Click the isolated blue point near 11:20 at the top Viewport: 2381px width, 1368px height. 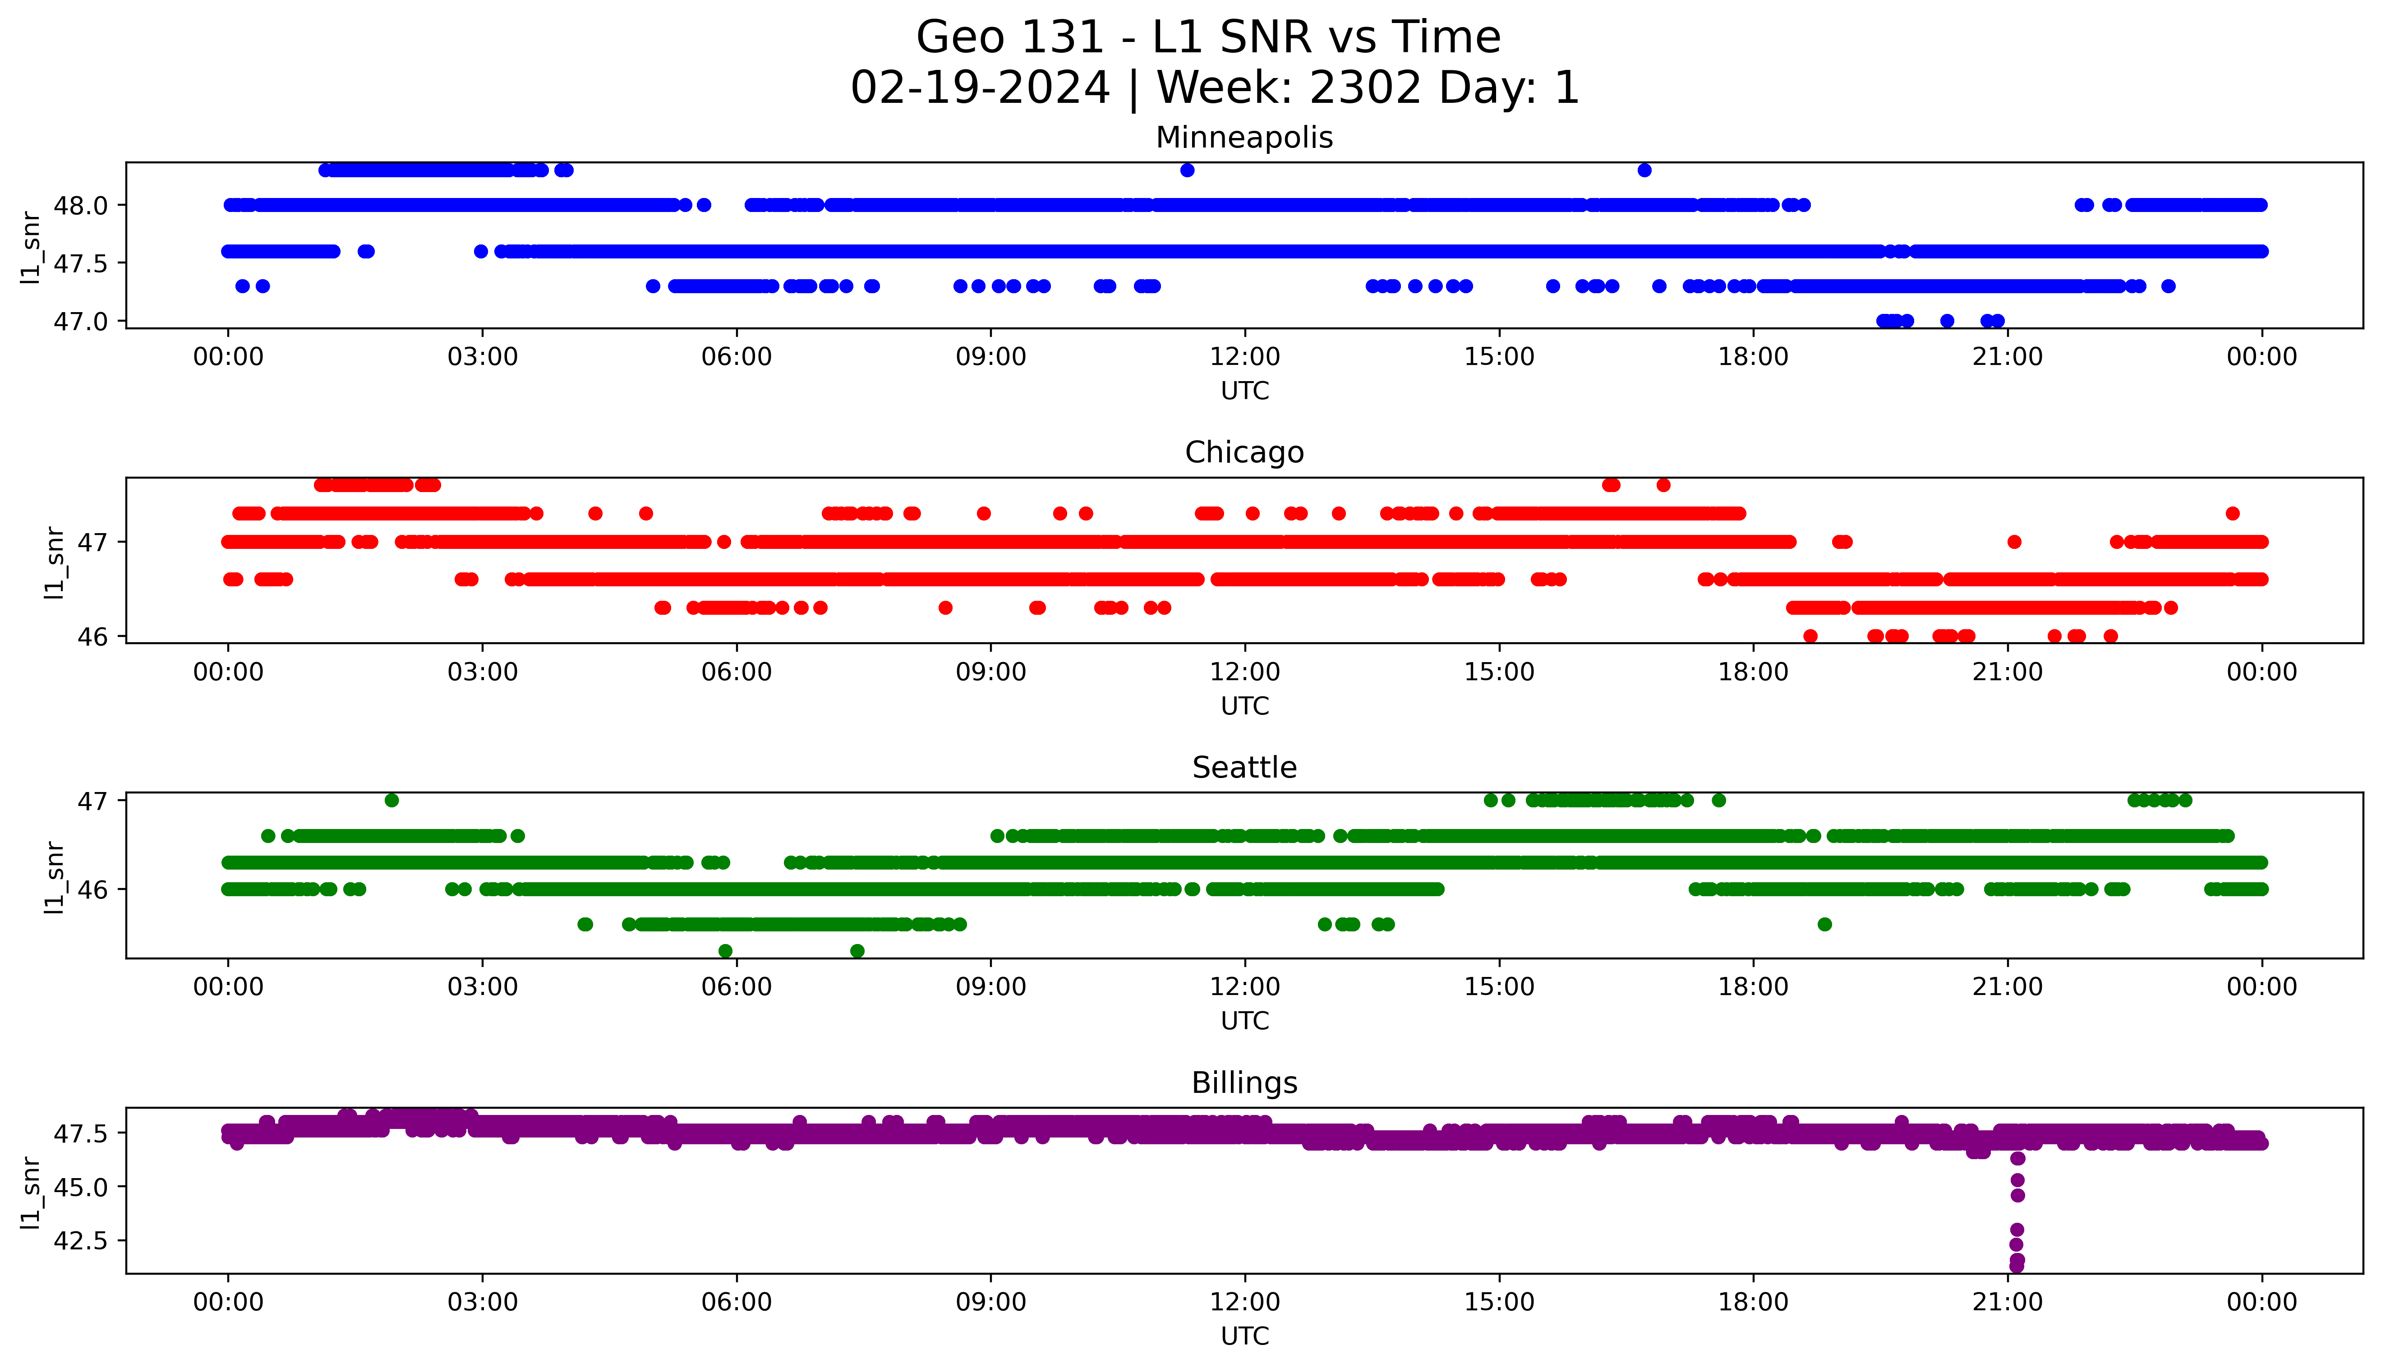coord(1187,170)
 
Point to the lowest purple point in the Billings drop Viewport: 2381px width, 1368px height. coord(2017,1267)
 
